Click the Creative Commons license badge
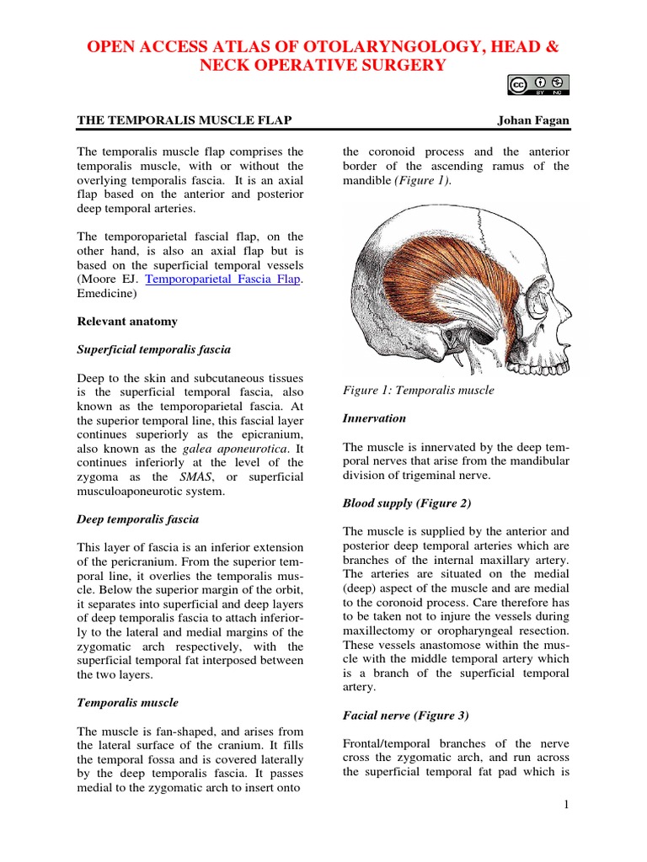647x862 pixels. point(538,84)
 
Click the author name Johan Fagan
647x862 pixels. point(533,120)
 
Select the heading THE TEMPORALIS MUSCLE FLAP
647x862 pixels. point(184,120)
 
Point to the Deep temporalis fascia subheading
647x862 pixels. point(138,519)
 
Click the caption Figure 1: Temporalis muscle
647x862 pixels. point(418,391)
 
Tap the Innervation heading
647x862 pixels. point(374,418)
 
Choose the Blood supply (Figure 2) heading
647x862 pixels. point(407,503)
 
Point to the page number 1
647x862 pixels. point(566,805)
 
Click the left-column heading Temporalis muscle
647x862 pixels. point(127,702)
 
